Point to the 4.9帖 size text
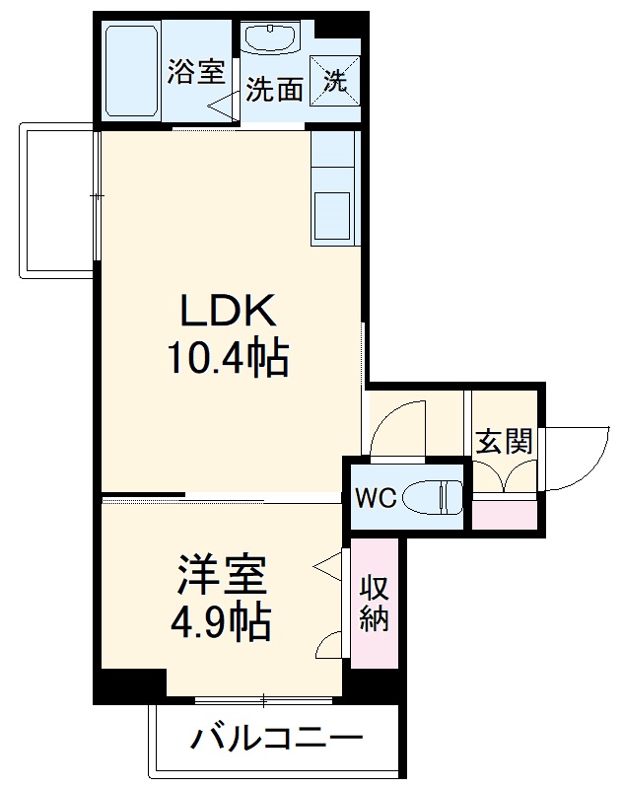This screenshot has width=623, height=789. (x=222, y=621)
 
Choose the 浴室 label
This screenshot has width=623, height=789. (x=196, y=72)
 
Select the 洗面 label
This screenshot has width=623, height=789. (x=273, y=91)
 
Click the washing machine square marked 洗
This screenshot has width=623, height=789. (x=335, y=80)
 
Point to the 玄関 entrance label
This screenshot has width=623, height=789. (x=504, y=440)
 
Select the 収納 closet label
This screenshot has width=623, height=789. (x=374, y=604)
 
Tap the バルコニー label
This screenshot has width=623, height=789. (x=277, y=738)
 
